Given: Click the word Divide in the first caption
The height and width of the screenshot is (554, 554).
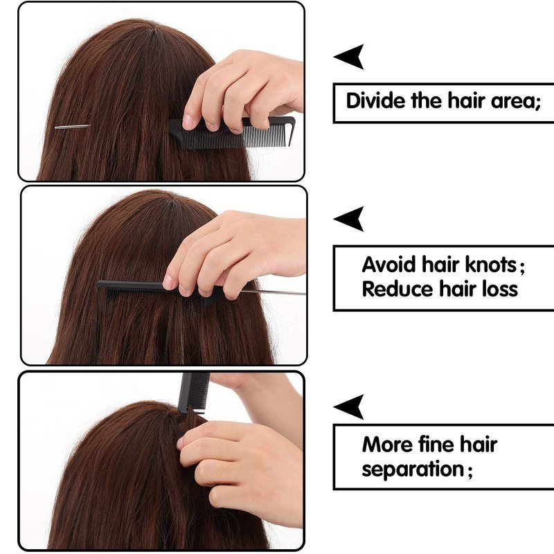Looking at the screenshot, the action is (x=376, y=100).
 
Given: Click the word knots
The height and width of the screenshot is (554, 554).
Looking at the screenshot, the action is (x=491, y=265).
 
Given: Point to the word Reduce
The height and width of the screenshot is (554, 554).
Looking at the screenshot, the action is (x=397, y=289).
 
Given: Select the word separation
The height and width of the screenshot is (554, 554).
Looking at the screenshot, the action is (x=413, y=470).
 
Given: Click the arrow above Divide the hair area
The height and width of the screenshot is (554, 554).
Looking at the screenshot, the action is (x=349, y=57).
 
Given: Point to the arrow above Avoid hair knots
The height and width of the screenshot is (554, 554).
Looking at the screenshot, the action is (x=349, y=219).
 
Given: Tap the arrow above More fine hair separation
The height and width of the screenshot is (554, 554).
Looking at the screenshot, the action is (x=349, y=407).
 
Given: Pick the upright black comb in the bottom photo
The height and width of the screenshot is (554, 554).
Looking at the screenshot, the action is (x=193, y=393).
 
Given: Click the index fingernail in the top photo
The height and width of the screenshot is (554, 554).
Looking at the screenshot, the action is (x=187, y=122).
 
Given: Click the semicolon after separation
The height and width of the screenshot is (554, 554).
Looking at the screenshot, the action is (x=470, y=472).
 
